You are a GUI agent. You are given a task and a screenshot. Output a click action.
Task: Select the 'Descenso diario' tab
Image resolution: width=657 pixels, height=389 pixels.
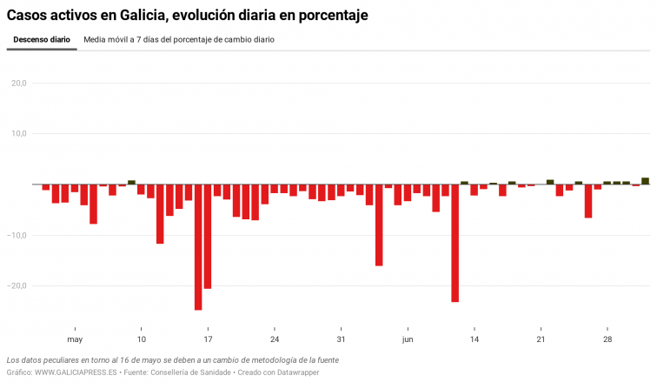pyautogui.click(x=42, y=40)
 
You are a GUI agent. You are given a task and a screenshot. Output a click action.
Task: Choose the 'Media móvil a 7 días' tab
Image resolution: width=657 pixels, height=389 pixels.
pyautogui.click(x=179, y=40)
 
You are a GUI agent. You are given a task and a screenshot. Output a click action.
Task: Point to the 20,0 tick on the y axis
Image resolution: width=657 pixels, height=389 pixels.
pyautogui.click(x=18, y=84)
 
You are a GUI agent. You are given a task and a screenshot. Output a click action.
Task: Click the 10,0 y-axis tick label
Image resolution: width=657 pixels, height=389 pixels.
pyautogui.click(x=18, y=134)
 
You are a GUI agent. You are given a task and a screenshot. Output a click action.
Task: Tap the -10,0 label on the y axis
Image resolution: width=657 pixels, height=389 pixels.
pyautogui.click(x=17, y=235)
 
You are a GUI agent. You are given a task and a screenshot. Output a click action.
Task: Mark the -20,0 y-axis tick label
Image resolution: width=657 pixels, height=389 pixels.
pyautogui.click(x=17, y=285)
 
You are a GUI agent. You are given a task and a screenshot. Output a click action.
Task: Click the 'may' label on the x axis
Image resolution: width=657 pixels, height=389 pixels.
pyautogui.click(x=75, y=339)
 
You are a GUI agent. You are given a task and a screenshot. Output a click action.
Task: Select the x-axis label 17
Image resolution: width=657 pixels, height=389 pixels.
pyautogui.click(x=208, y=339)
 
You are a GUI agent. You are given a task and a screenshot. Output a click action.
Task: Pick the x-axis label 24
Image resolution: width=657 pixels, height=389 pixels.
pyautogui.click(x=275, y=339)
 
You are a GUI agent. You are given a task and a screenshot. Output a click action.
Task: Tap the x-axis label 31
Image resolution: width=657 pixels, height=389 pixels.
pyautogui.click(x=342, y=339)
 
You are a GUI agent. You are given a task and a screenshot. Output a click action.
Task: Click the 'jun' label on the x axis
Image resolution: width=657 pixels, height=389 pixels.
pyautogui.click(x=408, y=339)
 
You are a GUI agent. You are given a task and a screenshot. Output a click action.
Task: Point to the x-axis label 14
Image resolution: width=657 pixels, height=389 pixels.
pyautogui.click(x=474, y=339)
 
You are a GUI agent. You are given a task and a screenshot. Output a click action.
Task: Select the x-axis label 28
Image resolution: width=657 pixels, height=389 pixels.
pyautogui.click(x=607, y=339)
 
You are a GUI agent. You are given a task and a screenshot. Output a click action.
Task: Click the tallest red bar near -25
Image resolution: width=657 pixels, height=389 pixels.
pyautogui.click(x=198, y=247)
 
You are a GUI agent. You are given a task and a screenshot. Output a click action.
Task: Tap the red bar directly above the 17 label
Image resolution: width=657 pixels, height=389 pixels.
pyautogui.click(x=208, y=237)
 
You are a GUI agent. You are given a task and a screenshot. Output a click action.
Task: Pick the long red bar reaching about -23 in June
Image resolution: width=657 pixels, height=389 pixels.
pyautogui.click(x=455, y=243)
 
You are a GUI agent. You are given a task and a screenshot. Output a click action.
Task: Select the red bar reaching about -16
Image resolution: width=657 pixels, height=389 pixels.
pyautogui.click(x=379, y=225)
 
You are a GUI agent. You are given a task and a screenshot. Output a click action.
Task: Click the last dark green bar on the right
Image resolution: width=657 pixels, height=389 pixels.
pyautogui.click(x=646, y=181)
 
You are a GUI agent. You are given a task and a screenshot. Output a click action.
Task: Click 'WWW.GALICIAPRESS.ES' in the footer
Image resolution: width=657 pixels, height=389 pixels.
pyautogui.click(x=76, y=372)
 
